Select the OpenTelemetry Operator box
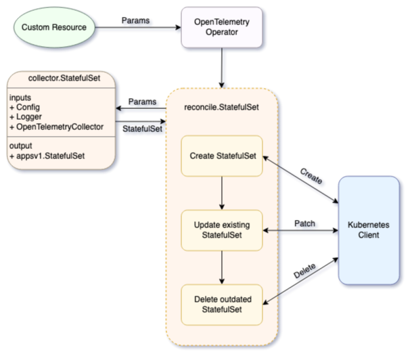[222, 28]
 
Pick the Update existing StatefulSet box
[222, 230]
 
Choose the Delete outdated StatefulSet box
[222, 304]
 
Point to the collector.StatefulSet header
[62, 78]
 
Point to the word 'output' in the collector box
[23, 145]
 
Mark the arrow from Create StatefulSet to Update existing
[222, 196]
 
